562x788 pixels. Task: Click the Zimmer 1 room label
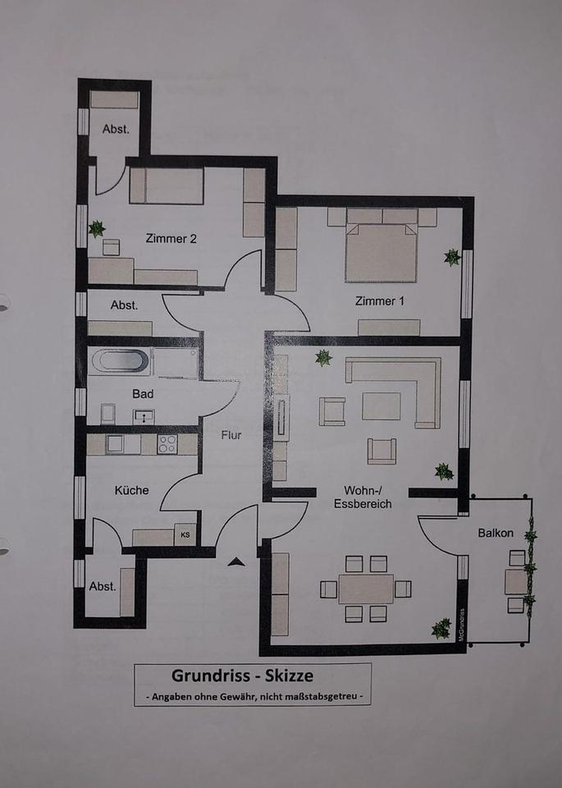click(379, 301)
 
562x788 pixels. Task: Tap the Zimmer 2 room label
click(171, 239)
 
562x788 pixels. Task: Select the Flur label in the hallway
click(231, 435)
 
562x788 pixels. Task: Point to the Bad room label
click(143, 394)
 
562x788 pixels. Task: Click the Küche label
click(131, 490)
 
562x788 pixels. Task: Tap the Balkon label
click(496, 534)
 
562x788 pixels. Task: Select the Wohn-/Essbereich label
click(363, 497)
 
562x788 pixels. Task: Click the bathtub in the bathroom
click(120, 361)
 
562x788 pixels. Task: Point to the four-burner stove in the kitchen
click(167, 444)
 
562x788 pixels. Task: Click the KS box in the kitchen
click(185, 534)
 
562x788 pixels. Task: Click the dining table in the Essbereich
click(366, 589)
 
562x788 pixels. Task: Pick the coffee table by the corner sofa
click(382, 406)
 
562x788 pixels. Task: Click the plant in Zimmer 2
click(97, 229)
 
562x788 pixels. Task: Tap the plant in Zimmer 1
click(452, 257)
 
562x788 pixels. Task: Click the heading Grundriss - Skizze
click(242, 676)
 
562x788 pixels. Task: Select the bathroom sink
click(144, 417)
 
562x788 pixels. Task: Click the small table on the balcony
click(515, 581)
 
